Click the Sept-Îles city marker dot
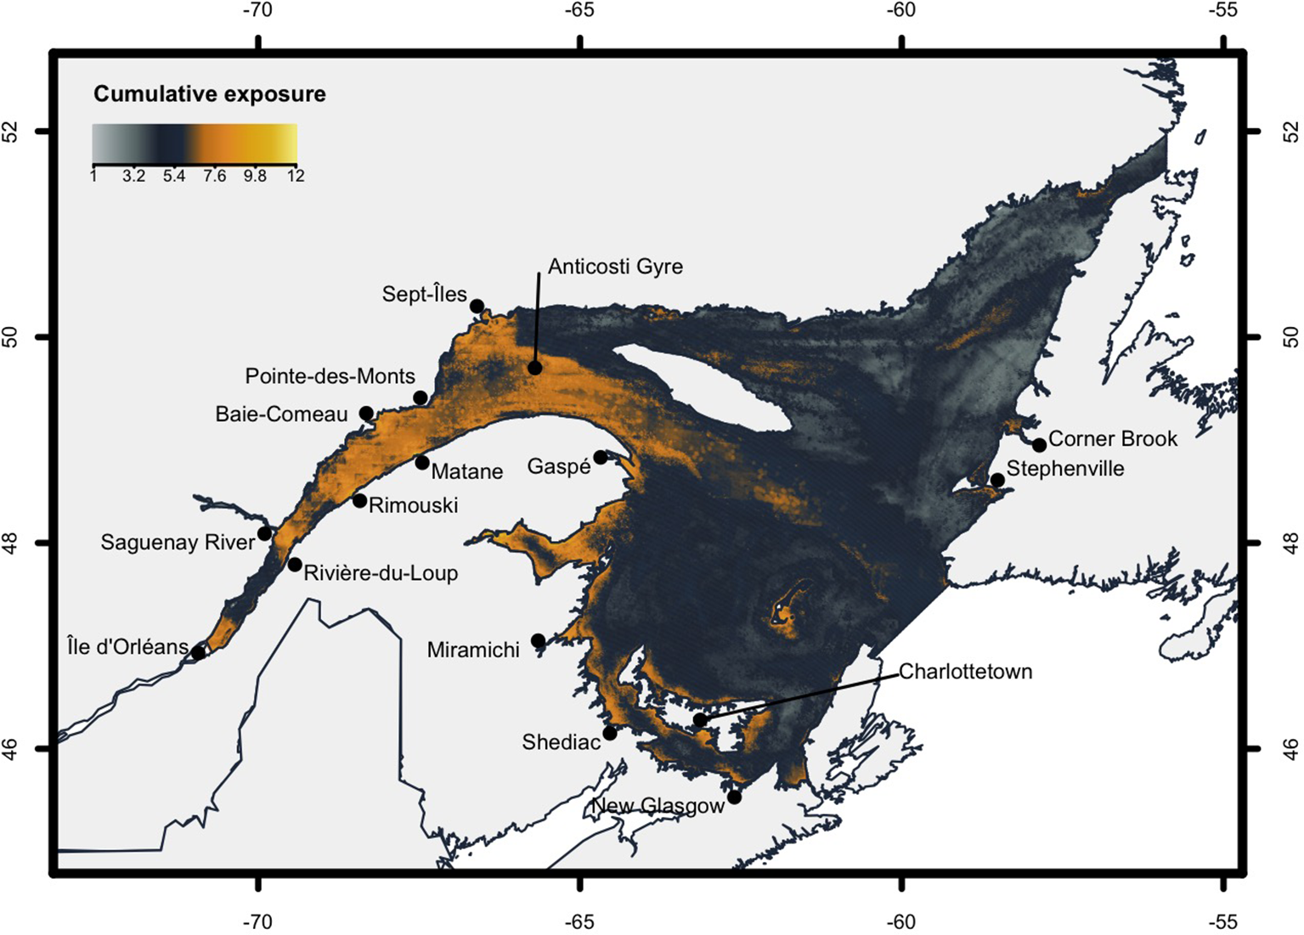click(477, 306)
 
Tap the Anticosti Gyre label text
click(615, 267)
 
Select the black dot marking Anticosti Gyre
click(534, 368)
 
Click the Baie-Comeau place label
click(281, 414)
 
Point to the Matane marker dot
click(422, 463)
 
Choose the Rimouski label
click(413, 506)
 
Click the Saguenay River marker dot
click(265, 533)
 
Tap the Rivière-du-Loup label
click(381, 573)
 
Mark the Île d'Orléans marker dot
click(199, 652)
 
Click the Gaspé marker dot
click(601, 457)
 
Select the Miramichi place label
click(473, 651)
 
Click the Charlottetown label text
click(965, 672)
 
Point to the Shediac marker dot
click(610, 733)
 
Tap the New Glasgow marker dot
click(735, 797)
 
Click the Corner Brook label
click(1113, 439)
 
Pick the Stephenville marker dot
click(998, 481)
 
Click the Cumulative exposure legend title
click(209, 94)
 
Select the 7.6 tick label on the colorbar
click(214, 177)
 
